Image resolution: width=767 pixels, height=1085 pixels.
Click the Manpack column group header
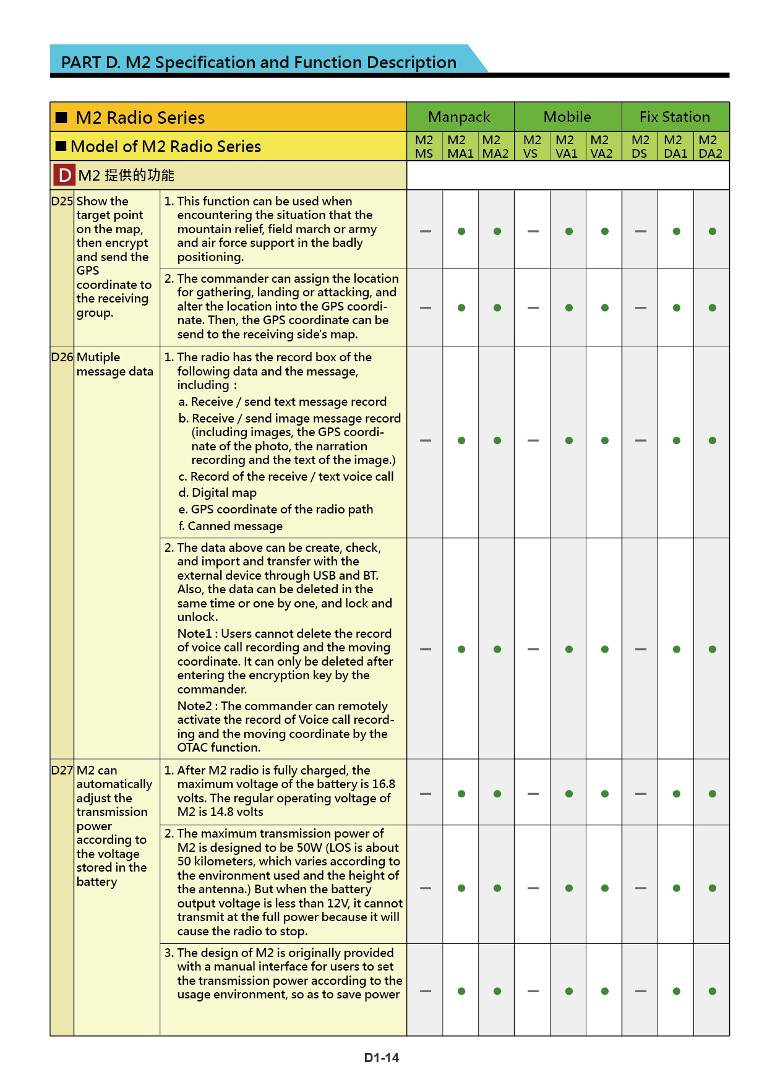[x=459, y=117]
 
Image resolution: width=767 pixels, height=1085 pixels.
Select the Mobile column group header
[x=567, y=117]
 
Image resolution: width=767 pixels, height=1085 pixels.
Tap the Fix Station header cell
[x=675, y=117]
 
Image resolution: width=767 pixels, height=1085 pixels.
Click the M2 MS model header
[x=424, y=147]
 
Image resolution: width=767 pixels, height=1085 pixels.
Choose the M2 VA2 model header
[x=601, y=147]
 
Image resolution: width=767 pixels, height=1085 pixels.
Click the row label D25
[x=62, y=201]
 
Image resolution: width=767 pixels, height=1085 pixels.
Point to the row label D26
[x=62, y=357]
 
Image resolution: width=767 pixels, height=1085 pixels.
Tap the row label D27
[x=62, y=770]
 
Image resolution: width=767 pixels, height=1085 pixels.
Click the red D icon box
[x=64, y=176]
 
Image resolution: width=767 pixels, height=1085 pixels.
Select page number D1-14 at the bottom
[x=382, y=1058]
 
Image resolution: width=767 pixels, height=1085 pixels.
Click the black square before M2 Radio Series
[x=61, y=118]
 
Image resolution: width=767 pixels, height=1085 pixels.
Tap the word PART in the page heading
[x=80, y=62]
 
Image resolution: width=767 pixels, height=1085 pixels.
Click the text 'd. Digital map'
[x=218, y=493]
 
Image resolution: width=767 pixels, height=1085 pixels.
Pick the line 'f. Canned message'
[x=231, y=526]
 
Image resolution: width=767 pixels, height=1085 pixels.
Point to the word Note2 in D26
[x=194, y=706]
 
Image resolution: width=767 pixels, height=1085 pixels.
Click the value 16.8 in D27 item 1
[x=383, y=784]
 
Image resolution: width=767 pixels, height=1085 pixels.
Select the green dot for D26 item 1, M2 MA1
[x=461, y=440]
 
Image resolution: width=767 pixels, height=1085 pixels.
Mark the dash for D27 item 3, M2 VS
[x=533, y=991]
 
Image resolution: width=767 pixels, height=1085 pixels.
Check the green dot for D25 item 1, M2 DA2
[x=713, y=231]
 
